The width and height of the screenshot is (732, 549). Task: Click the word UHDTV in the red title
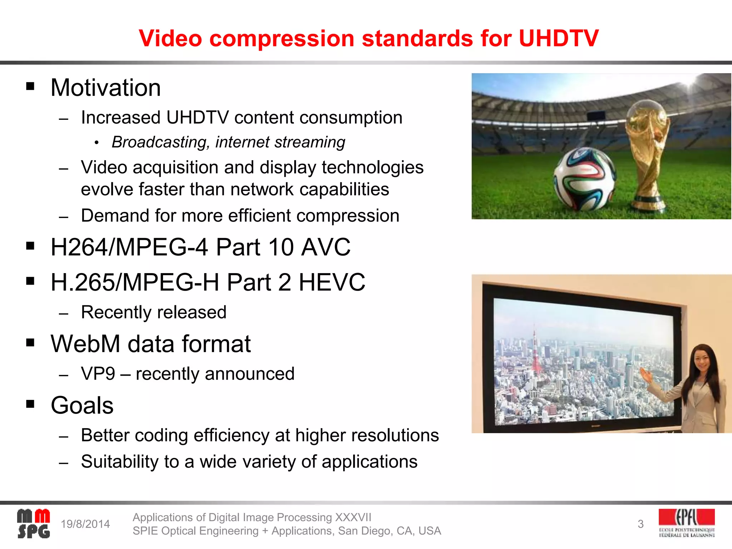pyautogui.click(x=558, y=38)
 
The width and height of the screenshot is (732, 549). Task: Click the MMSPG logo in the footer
pyautogui.click(x=34, y=524)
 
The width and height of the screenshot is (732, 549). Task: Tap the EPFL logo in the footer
pyautogui.click(x=687, y=523)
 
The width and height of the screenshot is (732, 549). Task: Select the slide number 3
pyautogui.click(x=640, y=524)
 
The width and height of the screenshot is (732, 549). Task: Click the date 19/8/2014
pyautogui.click(x=85, y=524)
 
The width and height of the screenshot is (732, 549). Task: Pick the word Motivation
pyautogui.click(x=106, y=88)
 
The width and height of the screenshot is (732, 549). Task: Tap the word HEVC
pyautogui.click(x=332, y=282)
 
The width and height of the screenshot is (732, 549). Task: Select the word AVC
pyautogui.click(x=326, y=247)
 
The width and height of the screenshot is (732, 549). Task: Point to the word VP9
pyautogui.click(x=98, y=374)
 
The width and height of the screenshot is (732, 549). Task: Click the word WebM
pyautogui.click(x=85, y=344)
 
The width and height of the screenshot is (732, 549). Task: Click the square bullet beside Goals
pyautogui.click(x=30, y=404)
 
